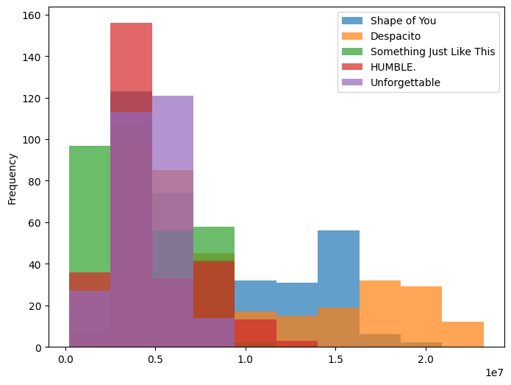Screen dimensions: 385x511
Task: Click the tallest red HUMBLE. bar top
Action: [x=131, y=24]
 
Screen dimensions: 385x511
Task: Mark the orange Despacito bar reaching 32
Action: [x=379, y=309]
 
